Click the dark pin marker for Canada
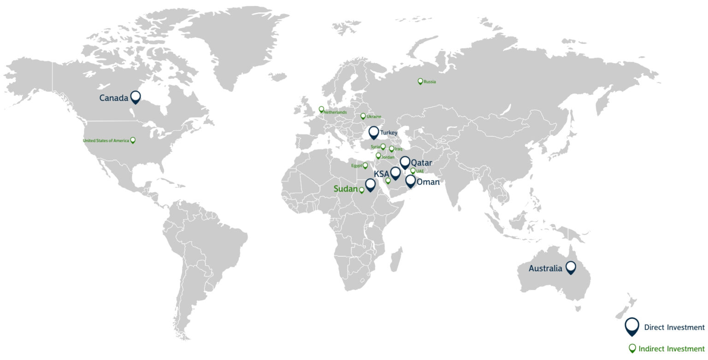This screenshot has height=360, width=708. (136, 97)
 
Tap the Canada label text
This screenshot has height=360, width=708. (113, 98)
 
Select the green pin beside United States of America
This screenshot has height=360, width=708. (133, 140)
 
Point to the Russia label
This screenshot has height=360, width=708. (430, 82)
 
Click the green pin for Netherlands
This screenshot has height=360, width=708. (321, 110)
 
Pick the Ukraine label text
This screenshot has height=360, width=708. (374, 117)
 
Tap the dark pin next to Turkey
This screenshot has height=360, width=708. (374, 133)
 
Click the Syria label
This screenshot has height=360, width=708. (375, 147)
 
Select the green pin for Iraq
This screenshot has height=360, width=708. (392, 149)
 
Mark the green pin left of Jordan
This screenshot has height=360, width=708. (378, 156)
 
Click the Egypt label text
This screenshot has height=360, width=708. (356, 165)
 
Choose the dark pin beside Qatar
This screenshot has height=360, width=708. (405, 162)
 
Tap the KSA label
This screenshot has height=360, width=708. (381, 174)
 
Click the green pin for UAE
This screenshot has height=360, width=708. (413, 171)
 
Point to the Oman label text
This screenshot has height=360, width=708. (427, 182)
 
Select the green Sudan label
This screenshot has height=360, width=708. (346, 189)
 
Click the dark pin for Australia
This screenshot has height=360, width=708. (571, 267)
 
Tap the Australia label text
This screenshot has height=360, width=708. (545, 268)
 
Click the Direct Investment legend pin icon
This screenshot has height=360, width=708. (631, 326)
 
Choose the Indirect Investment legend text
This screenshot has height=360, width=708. (672, 348)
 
